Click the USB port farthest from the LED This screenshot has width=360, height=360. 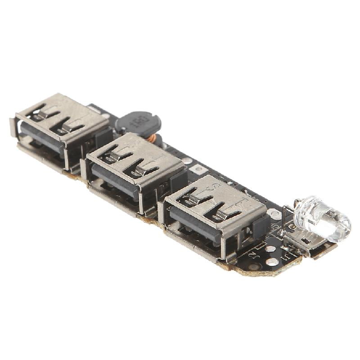(x=61, y=130)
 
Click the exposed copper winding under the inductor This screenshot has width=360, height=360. (x=153, y=138)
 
